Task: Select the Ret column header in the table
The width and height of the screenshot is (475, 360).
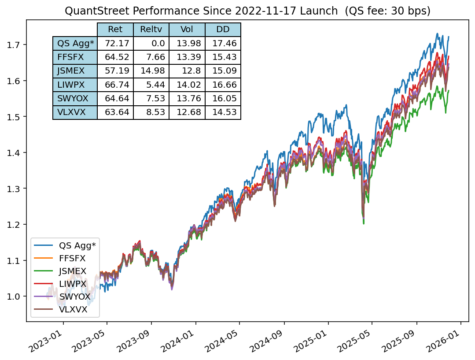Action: pyautogui.click(x=115, y=30)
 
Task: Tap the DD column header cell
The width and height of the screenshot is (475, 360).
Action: pyautogui.click(x=223, y=30)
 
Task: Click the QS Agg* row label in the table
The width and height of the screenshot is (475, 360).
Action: pyautogui.click(x=74, y=43)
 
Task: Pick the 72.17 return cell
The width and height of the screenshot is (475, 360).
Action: pyautogui.click(x=115, y=43)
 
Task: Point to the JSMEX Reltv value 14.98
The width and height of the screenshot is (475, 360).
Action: pyautogui.click(x=151, y=71)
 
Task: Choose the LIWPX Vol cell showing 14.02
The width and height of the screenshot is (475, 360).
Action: pyautogui.click(x=187, y=85)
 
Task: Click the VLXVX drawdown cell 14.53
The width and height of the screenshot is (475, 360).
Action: pyautogui.click(x=223, y=112)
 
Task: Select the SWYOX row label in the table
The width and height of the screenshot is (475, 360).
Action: pyautogui.click(x=74, y=98)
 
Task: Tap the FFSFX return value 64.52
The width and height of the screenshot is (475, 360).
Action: pyautogui.click(x=115, y=57)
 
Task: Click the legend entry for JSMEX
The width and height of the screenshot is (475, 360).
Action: pyautogui.click(x=72, y=271)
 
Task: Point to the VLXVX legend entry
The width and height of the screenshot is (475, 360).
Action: pyautogui.click(x=73, y=310)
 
